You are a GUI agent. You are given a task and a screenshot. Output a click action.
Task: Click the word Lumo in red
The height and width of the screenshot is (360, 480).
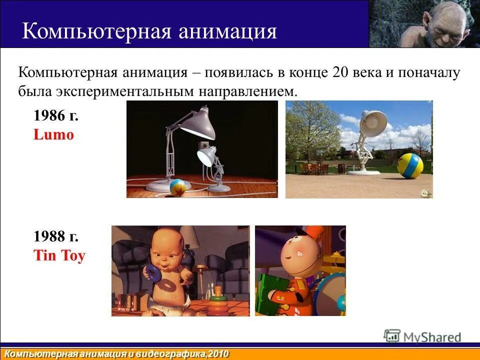pos(53,134)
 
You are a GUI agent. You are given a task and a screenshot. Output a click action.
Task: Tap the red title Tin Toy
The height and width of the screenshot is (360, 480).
pos(59,256)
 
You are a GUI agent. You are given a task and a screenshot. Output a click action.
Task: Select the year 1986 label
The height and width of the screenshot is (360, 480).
pos(56,116)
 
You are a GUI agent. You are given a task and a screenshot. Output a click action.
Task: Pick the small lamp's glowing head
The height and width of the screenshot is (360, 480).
pos(206,156)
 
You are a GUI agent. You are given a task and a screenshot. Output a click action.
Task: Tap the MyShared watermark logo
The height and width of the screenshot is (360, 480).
pos(422,337)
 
